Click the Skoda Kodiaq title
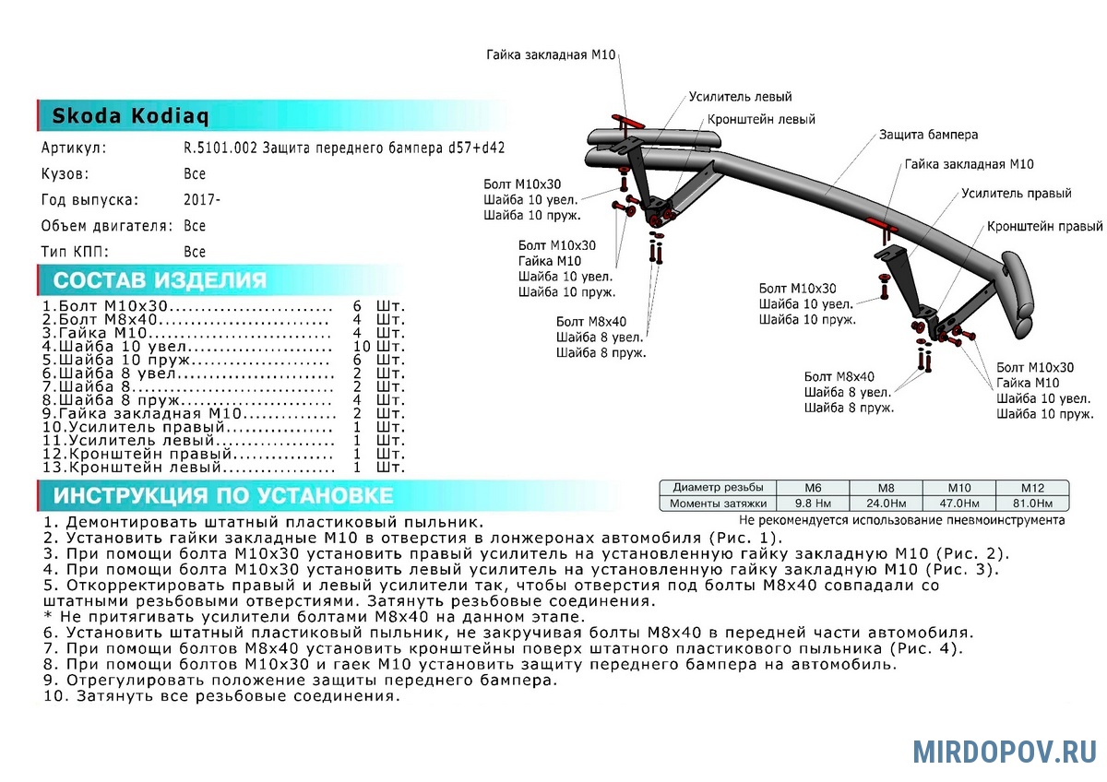[130, 116]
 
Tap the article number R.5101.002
[220, 148]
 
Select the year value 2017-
[202, 199]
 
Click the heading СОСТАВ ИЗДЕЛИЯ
[160, 280]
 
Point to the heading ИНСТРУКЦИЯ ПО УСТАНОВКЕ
[223, 495]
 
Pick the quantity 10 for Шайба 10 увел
[362, 347]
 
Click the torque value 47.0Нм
[959, 504]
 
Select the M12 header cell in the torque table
[1032, 488]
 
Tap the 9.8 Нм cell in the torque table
[813, 504]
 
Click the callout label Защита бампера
[928, 135]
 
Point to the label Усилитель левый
[740, 97]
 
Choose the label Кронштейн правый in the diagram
[1044, 226]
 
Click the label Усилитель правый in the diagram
[1016, 193]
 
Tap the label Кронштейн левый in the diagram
[761, 120]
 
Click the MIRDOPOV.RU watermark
[1005, 752]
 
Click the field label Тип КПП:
[75, 252]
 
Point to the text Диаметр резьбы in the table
[718, 487]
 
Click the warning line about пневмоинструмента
[902, 520]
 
